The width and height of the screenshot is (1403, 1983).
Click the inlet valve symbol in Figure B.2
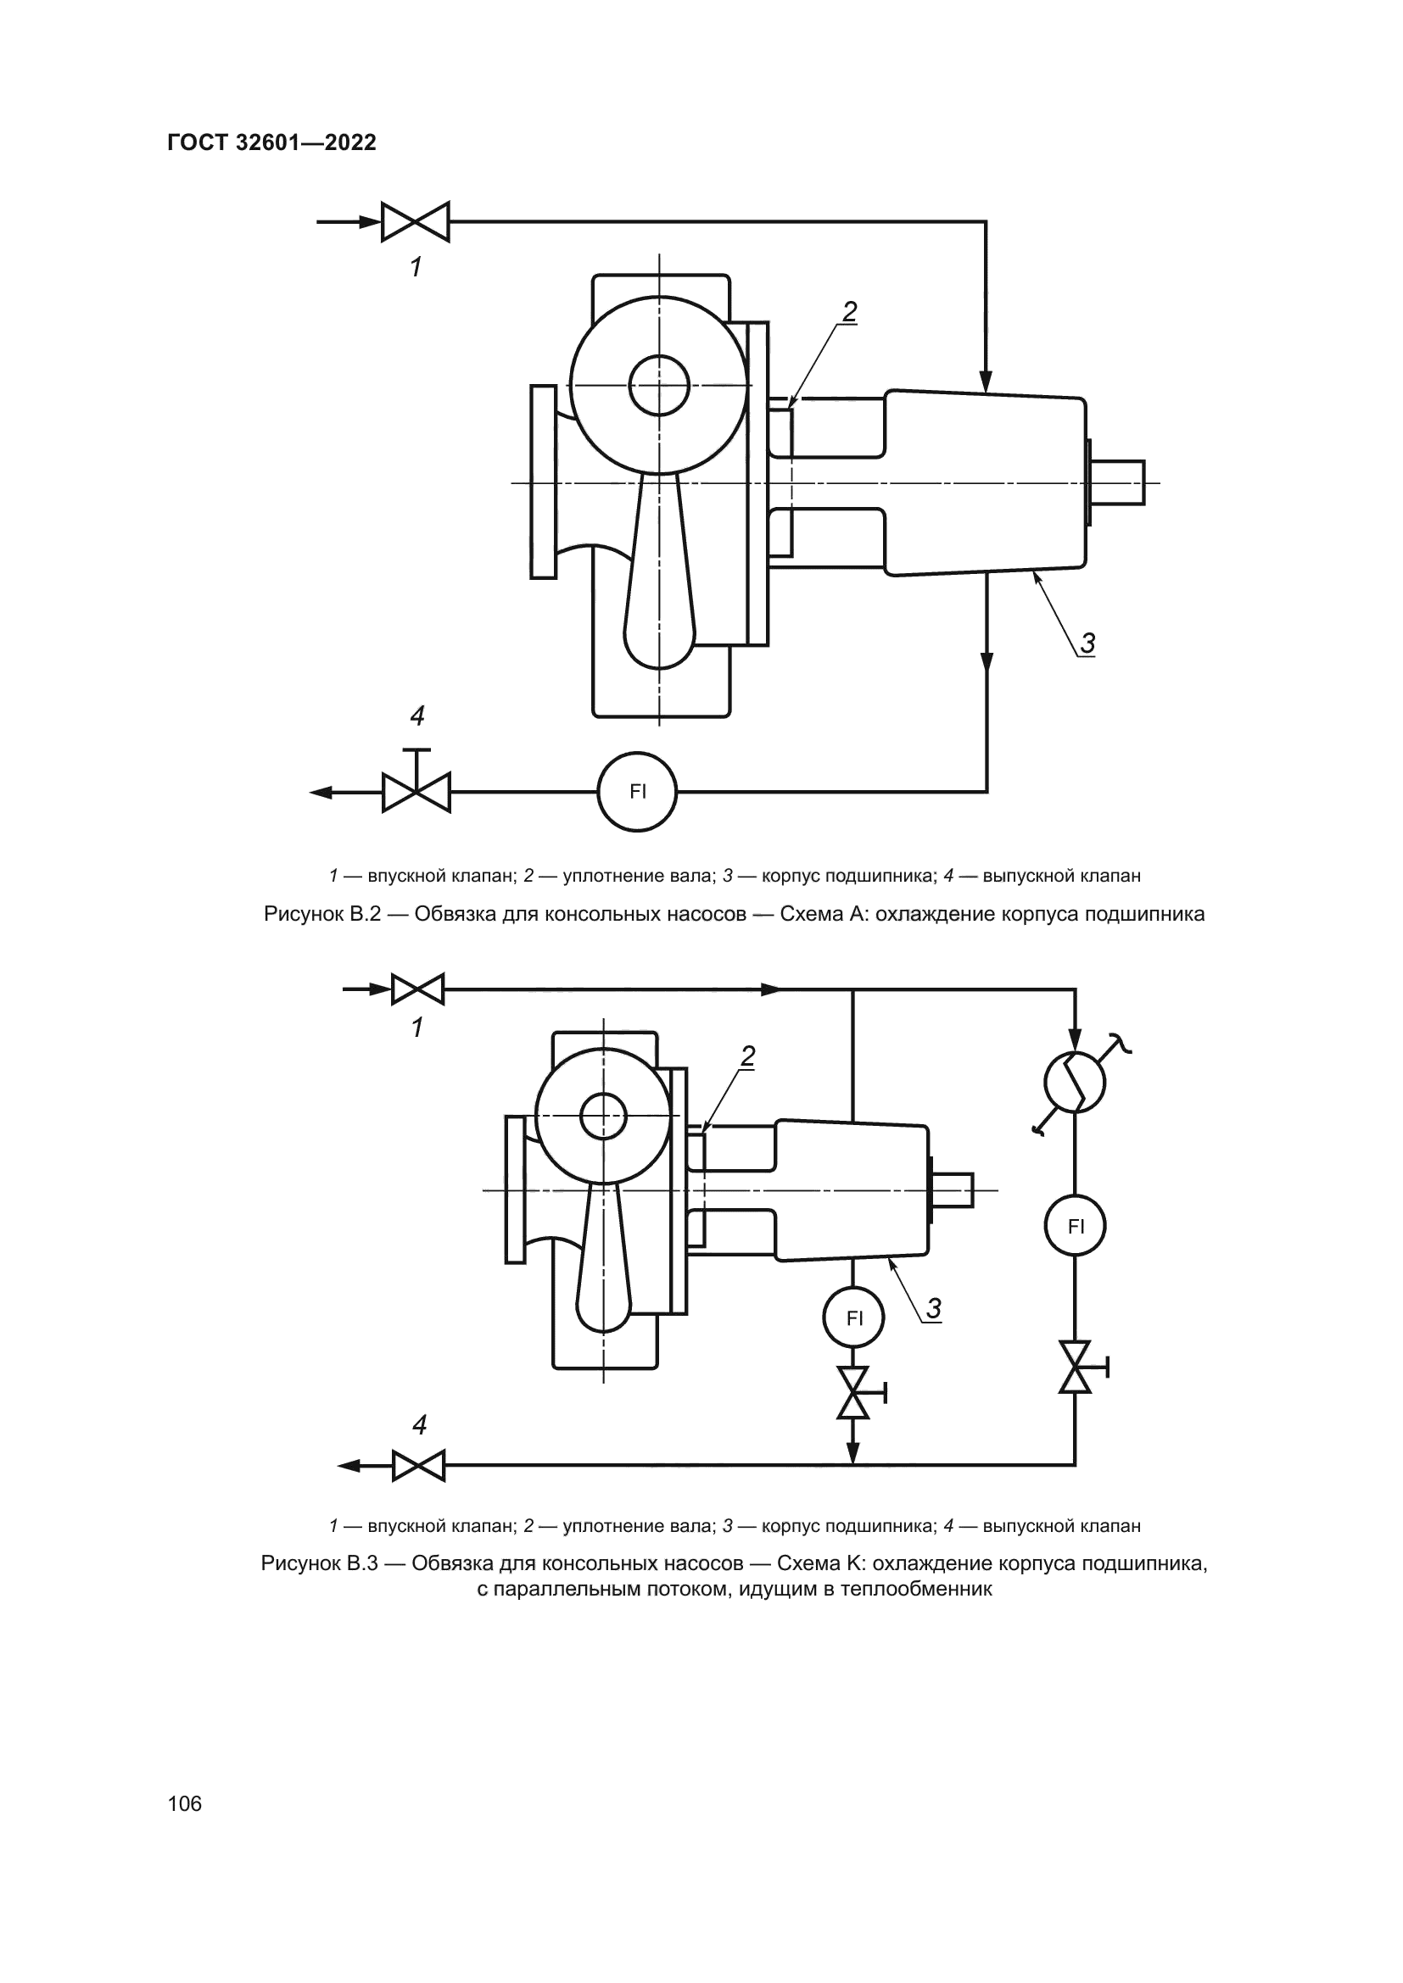coord(416,222)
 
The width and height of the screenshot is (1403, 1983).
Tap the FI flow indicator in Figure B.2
coord(638,791)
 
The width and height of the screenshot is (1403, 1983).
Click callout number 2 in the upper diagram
coord(849,312)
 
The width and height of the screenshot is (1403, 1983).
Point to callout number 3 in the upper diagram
coord(1087,643)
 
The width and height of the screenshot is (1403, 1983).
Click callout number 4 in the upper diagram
coord(417,716)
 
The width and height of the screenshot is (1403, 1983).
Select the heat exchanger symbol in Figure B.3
coord(1075,1081)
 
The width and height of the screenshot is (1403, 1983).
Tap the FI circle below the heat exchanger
coord(1075,1226)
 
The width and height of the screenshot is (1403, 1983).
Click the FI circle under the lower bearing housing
coord(853,1318)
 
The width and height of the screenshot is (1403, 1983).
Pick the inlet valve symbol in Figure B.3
coord(418,989)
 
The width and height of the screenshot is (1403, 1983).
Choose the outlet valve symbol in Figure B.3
coord(418,1466)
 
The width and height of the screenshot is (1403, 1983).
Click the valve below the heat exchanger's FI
coord(1076,1367)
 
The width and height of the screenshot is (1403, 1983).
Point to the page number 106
coord(185,1803)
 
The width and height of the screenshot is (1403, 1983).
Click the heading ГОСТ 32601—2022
coord(272,143)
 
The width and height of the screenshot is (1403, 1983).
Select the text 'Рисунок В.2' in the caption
coord(321,914)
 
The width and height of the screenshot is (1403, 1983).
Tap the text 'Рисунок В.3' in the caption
coord(319,1563)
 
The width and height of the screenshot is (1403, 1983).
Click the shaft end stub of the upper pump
coord(1120,482)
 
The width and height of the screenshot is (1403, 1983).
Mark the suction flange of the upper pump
coord(543,481)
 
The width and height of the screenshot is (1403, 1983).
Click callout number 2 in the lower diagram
coord(748,1056)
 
